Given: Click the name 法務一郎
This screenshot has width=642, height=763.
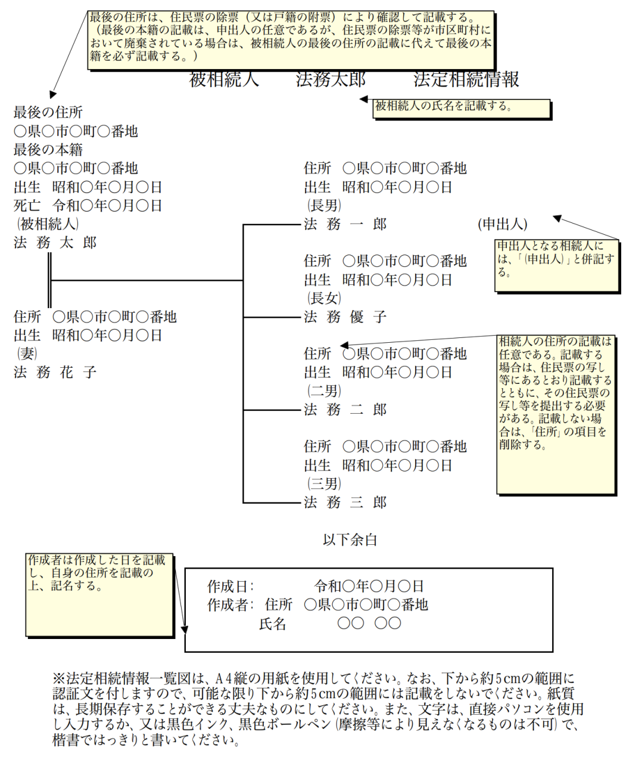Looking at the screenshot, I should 345,224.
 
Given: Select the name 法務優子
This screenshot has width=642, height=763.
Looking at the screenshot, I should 345,317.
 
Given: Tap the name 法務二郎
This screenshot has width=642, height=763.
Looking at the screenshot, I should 345,410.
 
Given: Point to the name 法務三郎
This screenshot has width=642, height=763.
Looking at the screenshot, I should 345,503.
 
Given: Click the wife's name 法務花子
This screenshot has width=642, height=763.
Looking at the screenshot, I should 55,373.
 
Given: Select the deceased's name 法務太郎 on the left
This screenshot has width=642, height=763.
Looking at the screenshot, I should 55,243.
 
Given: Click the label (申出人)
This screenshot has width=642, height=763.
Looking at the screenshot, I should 502,224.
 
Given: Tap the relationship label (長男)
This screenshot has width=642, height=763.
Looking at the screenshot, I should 324,206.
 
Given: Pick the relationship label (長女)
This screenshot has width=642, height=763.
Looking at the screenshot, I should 324,298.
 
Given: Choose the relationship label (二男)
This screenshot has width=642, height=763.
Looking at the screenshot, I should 324,391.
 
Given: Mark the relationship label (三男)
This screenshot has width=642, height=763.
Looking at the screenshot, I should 324,483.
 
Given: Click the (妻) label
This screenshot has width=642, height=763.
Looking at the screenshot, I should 27,354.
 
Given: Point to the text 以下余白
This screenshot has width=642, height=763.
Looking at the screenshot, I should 350,540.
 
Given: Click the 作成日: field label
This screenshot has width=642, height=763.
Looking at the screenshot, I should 230,587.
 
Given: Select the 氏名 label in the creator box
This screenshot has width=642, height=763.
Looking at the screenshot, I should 273,624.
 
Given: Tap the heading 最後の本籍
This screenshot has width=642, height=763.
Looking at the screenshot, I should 48,150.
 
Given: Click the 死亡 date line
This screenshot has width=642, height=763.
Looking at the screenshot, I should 88,206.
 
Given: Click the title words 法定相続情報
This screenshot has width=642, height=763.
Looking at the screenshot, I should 466,79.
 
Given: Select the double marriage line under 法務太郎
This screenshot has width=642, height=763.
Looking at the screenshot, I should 49,280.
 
